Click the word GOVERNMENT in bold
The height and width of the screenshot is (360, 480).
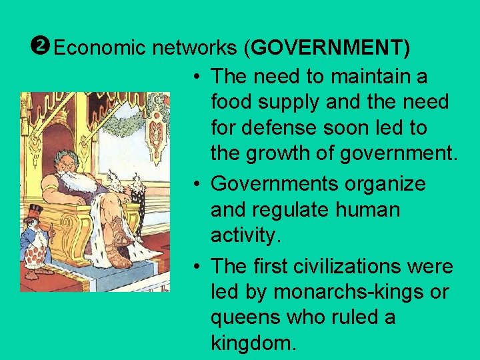tap(329, 48)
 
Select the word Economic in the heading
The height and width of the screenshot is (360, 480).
tap(100, 48)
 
